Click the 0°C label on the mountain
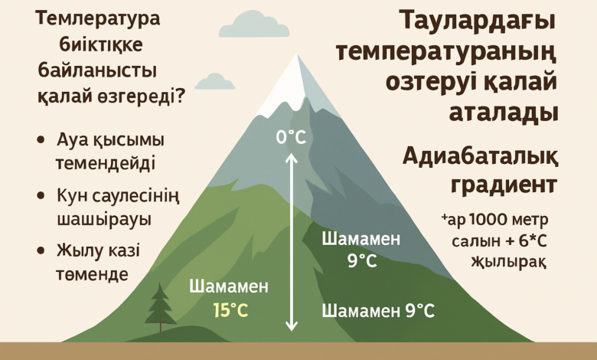(x=292, y=137)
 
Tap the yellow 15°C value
(x=230, y=310)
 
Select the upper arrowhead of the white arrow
(x=292, y=157)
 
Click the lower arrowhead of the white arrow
(x=292, y=326)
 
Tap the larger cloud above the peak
(x=254, y=25)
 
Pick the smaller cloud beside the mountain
(x=215, y=81)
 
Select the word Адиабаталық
(x=481, y=157)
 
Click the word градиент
(x=504, y=186)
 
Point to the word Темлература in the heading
(x=97, y=19)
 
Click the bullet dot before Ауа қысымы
(x=41, y=140)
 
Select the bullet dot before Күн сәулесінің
(x=41, y=196)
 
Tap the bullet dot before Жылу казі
(x=41, y=250)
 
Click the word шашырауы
(x=104, y=220)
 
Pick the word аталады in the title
(x=504, y=113)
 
